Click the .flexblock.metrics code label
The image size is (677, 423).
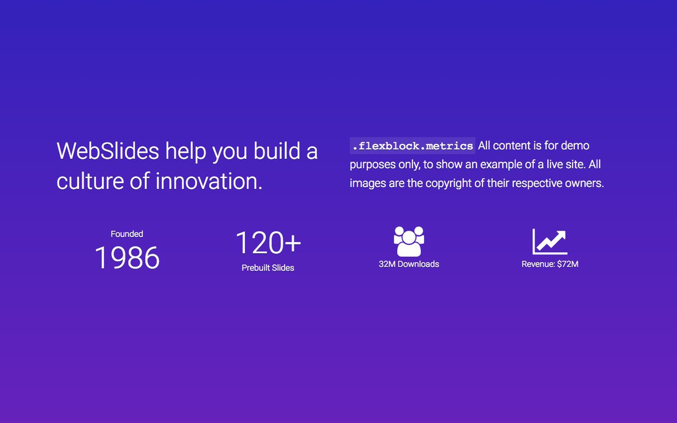tap(412, 146)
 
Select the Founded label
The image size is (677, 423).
tap(127, 234)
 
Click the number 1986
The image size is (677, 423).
tap(127, 258)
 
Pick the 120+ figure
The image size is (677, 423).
tap(268, 243)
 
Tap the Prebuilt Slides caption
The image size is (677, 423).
tap(268, 268)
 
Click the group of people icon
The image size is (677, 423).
tap(409, 241)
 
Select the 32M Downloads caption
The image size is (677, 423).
tap(409, 264)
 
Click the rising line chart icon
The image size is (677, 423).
tap(549, 242)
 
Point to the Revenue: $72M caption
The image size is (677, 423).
tap(550, 264)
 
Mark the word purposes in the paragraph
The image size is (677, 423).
tap(372, 165)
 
